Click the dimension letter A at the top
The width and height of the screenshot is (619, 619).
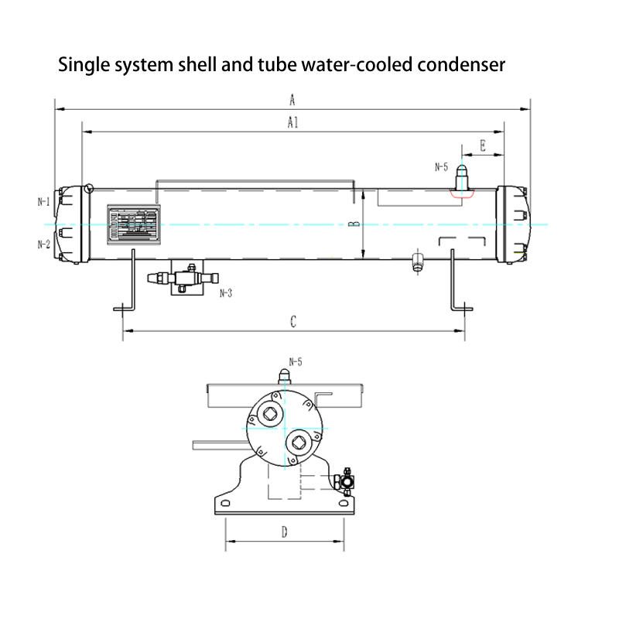(292, 99)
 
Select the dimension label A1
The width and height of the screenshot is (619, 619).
(292, 122)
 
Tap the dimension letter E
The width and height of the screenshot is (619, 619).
(482, 145)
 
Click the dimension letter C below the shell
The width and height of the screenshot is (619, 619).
(293, 322)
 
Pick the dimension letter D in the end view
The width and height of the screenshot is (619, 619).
(284, 532)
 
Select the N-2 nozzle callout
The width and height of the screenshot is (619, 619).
(44, 245)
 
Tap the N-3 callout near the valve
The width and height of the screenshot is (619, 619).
(226, 293)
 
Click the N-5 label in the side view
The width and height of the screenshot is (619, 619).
(441, 166)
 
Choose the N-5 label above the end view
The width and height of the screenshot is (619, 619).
(296, 361)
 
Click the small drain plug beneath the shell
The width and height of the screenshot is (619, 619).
(418, 262)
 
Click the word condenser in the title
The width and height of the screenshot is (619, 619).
(461, 64)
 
